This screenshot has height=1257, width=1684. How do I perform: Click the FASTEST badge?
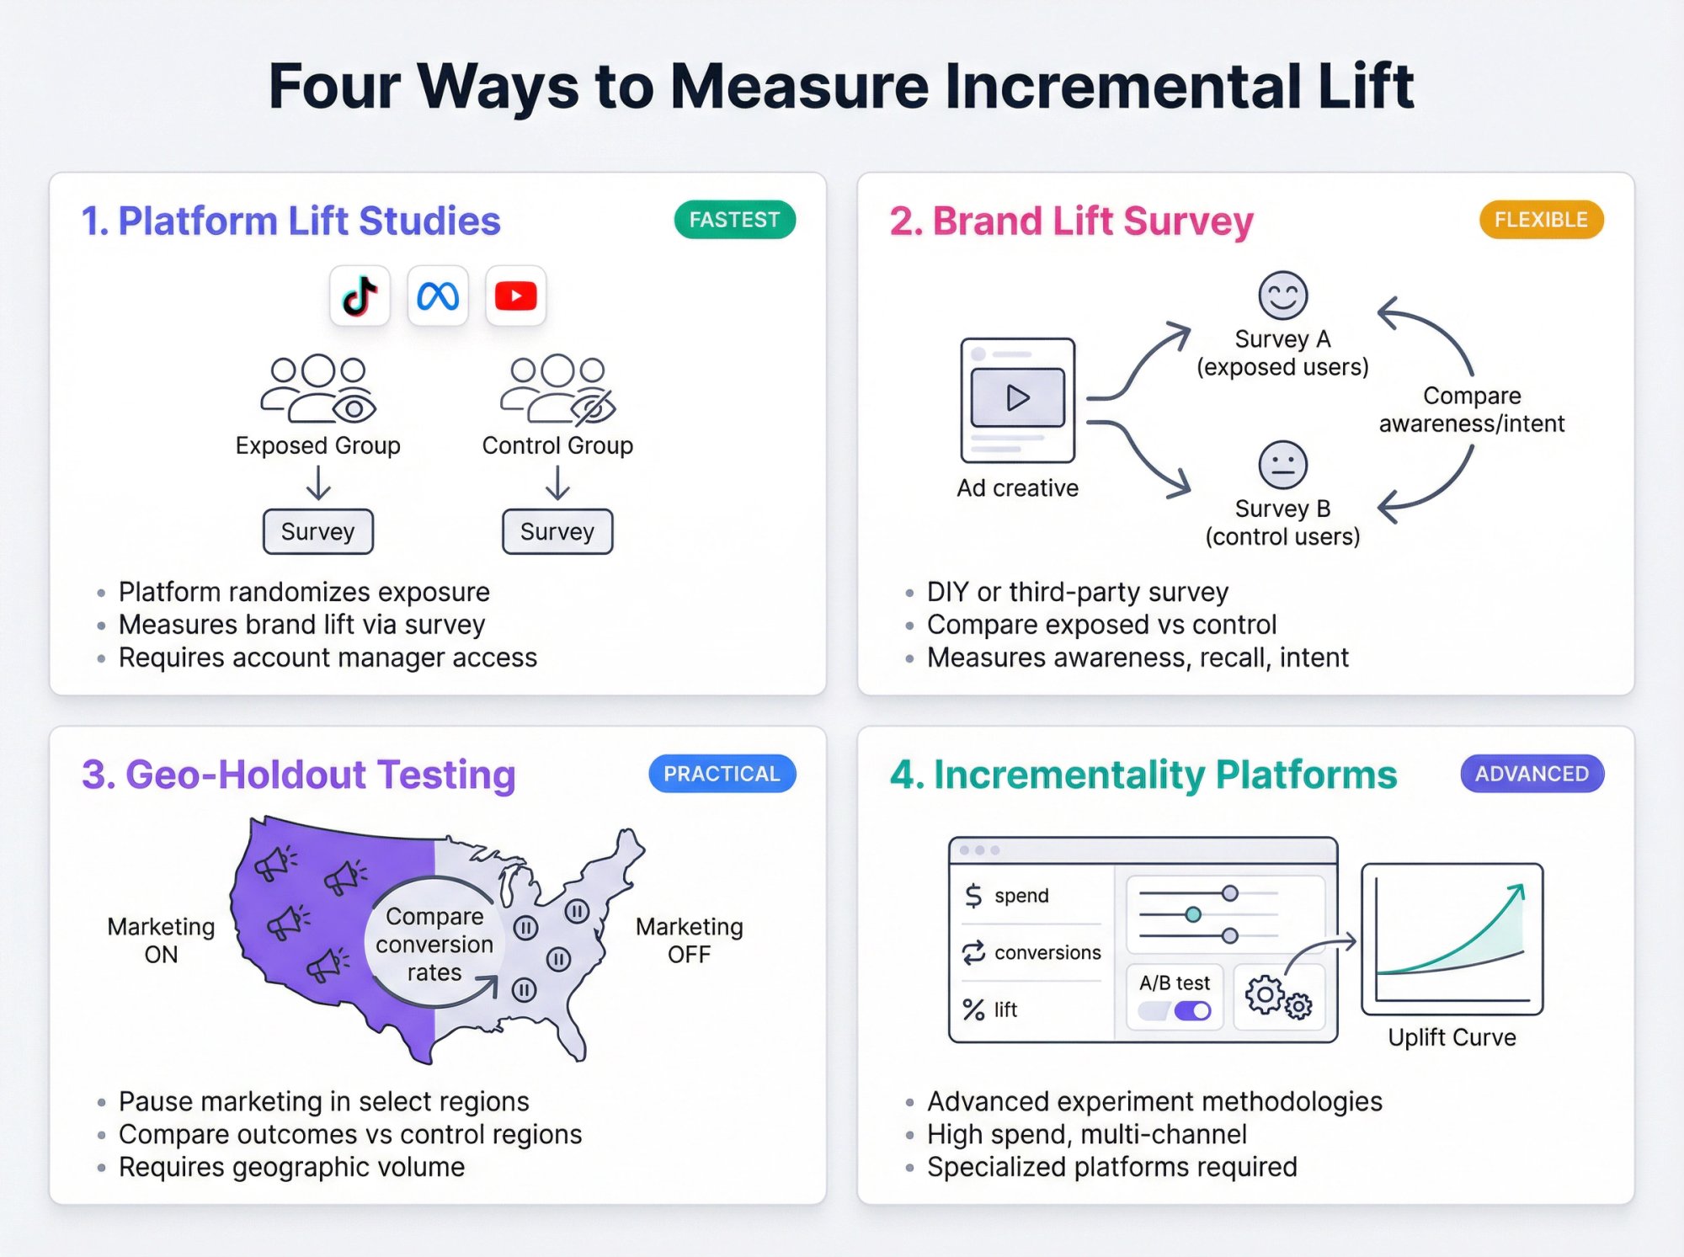(x=734, y=220)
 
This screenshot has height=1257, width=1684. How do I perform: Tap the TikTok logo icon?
(x=360, y=296)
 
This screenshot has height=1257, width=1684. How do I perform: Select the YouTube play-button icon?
(x=515, y=296)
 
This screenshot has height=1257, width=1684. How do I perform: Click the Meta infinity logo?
(x=438, y=296)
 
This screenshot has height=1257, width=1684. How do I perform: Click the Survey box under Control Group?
(x=557, y=531)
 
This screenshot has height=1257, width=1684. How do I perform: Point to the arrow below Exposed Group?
(x=318, y=483)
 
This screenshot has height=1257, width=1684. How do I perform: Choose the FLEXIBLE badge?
(x=1540, y=220)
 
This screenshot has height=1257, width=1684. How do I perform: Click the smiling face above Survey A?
(x=1282, y=296)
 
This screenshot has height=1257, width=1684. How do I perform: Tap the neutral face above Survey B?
(x=1282, y=465)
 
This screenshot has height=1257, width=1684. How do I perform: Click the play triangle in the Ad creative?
(x=1017, y=397)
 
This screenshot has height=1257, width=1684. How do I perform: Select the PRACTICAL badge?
(x=722, y=774)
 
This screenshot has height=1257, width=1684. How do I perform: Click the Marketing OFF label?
(x=689, y=940)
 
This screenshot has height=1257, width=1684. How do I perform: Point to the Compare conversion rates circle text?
(x=434, y=944)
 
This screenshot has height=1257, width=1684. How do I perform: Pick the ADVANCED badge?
(x=1531, y=774)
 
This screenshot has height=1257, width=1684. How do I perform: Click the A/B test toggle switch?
(x=1191, y=1010)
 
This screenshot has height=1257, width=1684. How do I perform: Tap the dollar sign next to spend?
(x=973, y=896)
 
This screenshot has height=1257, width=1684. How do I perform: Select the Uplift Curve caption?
(x=1452, y=1037)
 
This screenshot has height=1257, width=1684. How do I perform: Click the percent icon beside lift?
(x=973, y=1009)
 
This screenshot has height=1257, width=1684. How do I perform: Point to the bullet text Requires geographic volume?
(x=291, y=1167)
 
